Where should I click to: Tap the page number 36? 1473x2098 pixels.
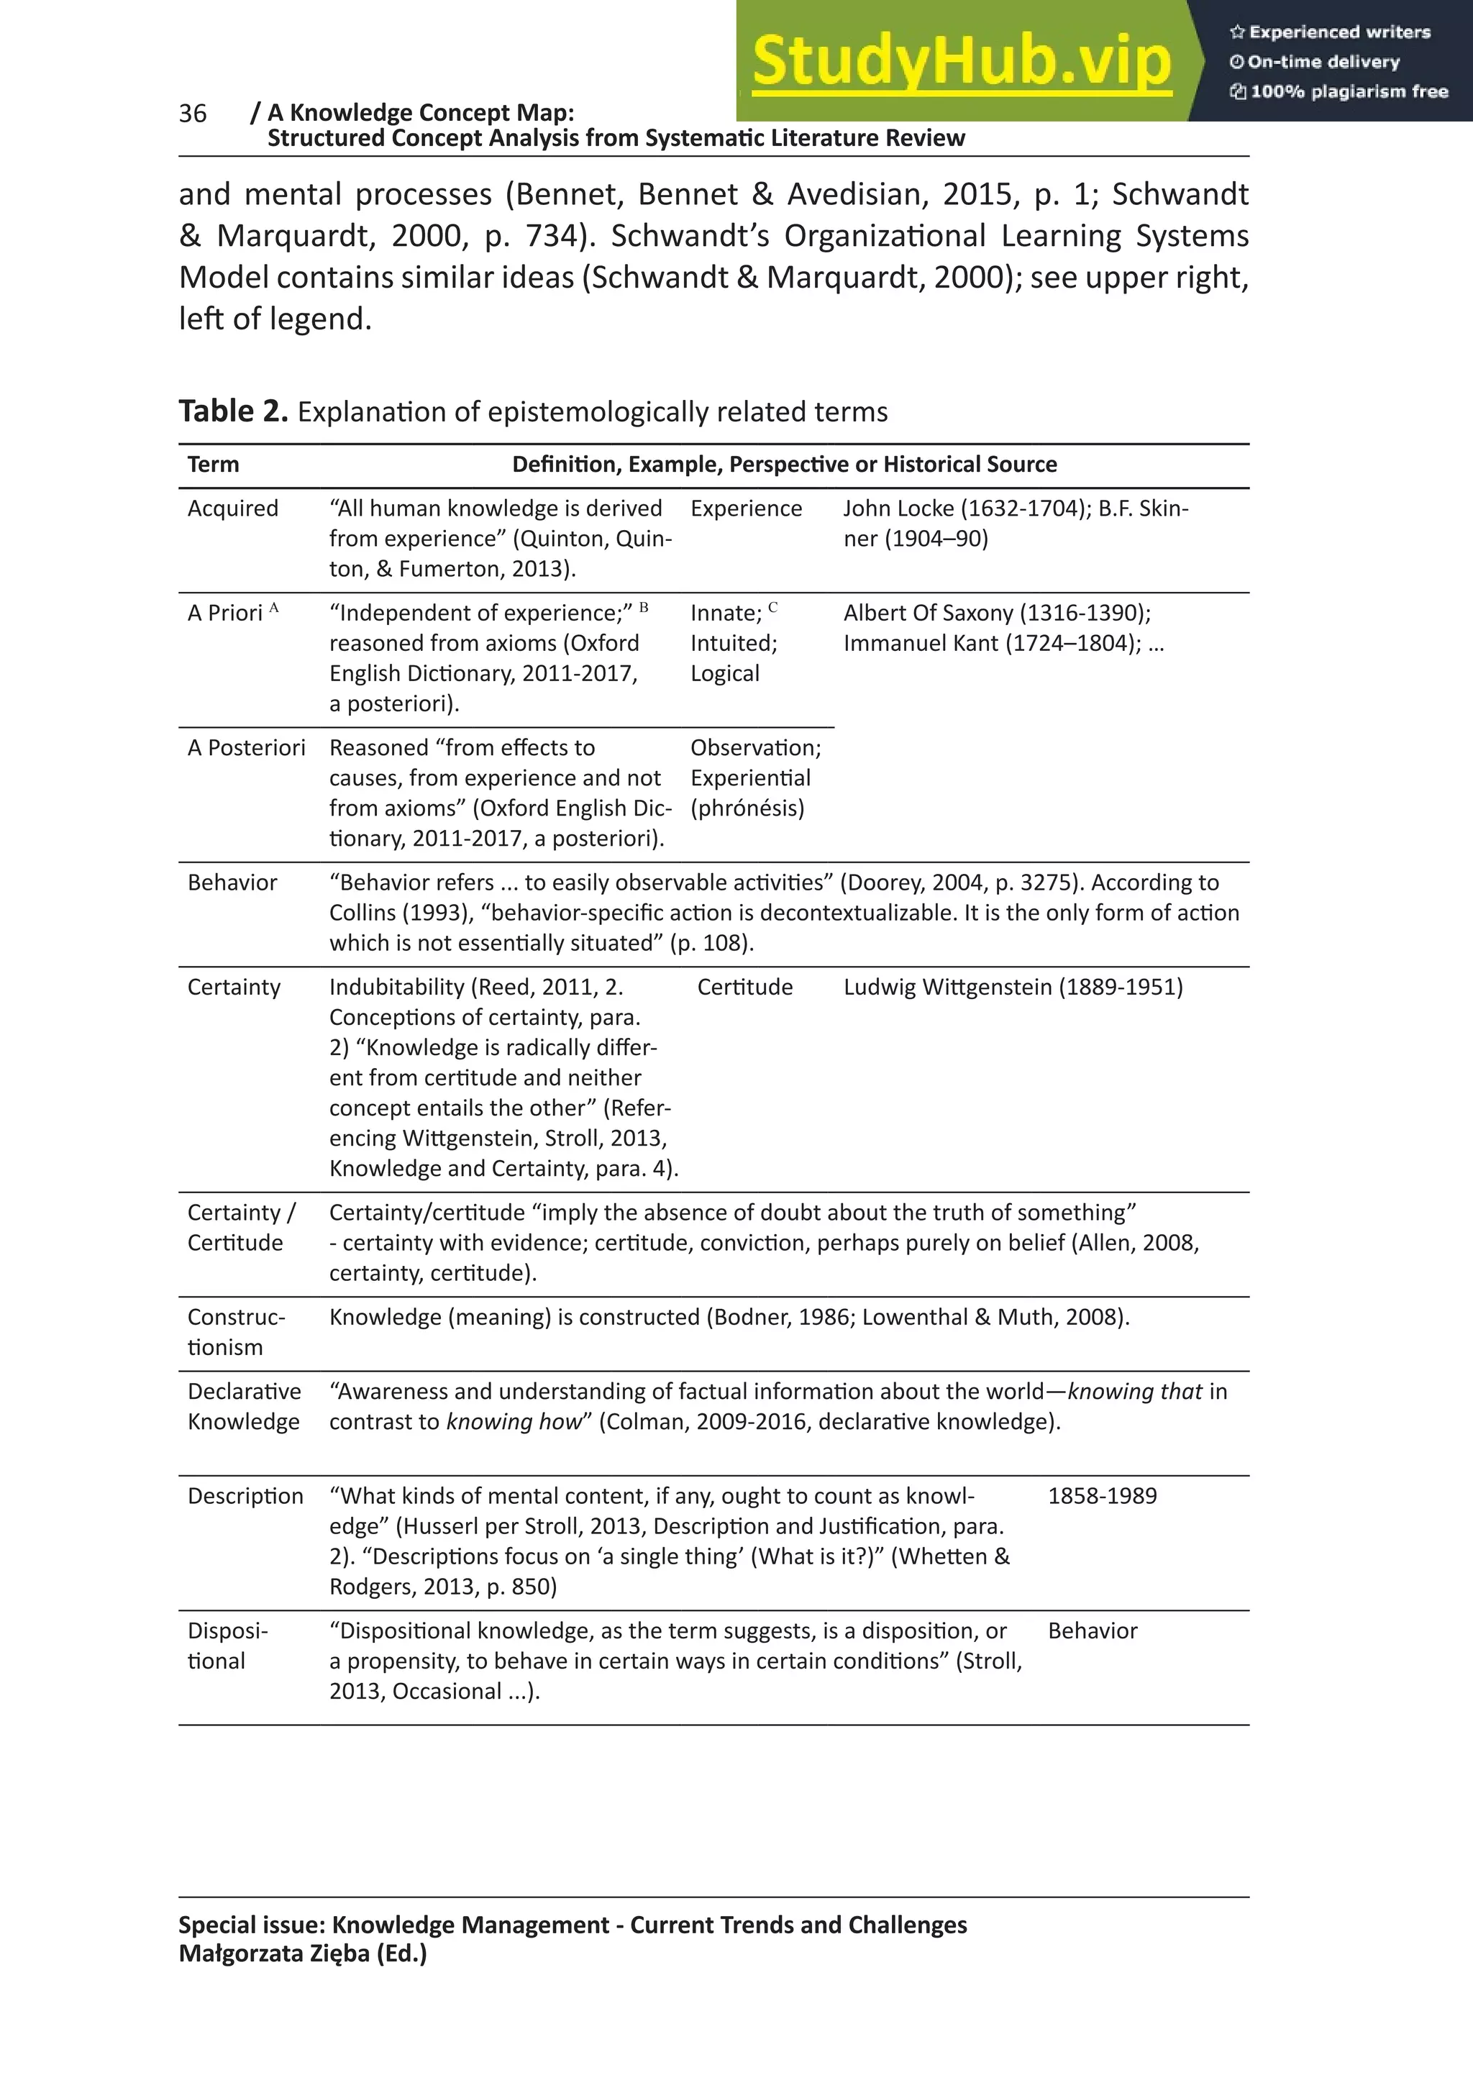tap(193, 114)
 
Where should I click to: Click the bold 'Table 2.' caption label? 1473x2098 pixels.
tap(233, 411)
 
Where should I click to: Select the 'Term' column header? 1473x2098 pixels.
tap(213, 464)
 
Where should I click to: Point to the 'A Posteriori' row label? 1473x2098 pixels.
tap(246, 747)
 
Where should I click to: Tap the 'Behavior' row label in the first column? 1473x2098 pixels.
tap(232, 882)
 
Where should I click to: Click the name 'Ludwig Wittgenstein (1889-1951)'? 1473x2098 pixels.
tap(1013, 987)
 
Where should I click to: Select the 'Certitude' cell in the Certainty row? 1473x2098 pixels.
tap(744, 987)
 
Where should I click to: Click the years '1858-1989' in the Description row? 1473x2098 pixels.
tap(1101, 1496)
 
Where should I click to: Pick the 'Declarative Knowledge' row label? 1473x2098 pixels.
tap(243, 1406)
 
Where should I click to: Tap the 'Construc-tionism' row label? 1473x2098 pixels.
tap(236, 1331)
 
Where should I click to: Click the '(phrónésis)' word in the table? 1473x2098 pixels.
tap(747, 808)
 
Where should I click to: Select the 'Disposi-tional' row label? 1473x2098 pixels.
tap(227, 1646)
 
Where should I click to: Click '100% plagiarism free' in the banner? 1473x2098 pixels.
tap(1348, 91)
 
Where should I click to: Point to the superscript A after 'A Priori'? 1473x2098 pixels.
tap(273, 607)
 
